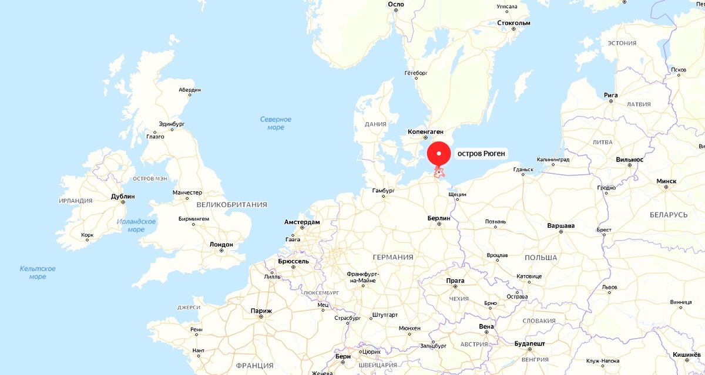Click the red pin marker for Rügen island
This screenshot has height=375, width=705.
(438, 154)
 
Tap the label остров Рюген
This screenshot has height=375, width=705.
(481, 154)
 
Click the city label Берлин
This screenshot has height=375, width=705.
(438, 218)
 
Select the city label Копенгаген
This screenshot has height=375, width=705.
(425, 132)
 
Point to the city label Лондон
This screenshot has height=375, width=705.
(221, 244)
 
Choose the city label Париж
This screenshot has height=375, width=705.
(261, 311)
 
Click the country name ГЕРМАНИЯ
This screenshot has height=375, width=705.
(392, 257)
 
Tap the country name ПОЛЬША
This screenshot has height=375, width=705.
(540, 258)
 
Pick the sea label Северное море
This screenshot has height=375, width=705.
(276, 123)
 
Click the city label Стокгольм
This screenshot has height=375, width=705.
(513, 23)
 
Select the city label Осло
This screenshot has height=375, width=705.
(396, 4)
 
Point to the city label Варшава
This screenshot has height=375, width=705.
(560, 225)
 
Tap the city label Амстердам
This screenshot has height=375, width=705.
(302, 222)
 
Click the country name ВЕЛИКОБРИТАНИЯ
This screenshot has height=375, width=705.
(231, 205)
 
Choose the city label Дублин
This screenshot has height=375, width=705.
(123, 196)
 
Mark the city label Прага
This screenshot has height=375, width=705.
(455, 281)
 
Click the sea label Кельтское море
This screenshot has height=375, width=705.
(38, 272)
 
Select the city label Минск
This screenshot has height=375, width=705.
(666, 181)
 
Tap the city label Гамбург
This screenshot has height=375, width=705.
(384, 190)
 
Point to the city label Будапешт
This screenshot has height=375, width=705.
(529, 342)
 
